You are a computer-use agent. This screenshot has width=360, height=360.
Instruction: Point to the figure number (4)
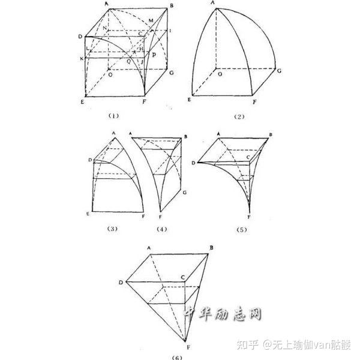160,229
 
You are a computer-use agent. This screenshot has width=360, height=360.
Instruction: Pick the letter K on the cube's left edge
80,59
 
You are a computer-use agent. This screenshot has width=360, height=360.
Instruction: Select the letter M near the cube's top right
151,21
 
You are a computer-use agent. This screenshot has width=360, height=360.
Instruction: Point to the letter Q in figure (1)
128,62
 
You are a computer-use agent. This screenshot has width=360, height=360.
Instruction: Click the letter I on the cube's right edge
170,30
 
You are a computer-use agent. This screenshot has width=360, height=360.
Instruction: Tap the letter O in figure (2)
220,77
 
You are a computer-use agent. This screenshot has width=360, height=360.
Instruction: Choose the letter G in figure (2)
280,70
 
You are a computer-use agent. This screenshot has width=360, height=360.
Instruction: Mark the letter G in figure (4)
186,193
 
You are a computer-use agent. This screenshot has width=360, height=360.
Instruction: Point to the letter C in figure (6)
182,277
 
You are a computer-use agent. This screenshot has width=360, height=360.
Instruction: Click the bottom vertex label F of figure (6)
188,347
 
